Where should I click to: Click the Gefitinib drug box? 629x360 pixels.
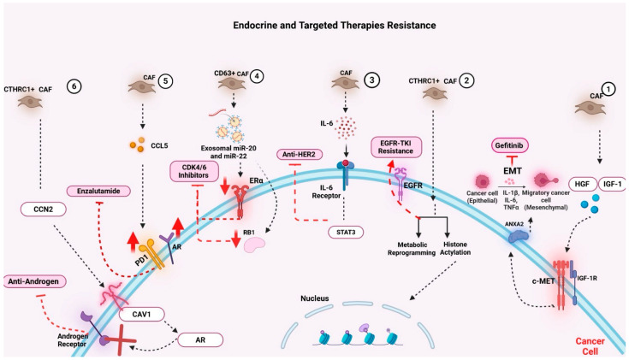(x=509, y=145)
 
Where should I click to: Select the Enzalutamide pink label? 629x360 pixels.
(x=98, y=192)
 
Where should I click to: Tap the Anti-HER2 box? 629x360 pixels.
(x=299, y=154)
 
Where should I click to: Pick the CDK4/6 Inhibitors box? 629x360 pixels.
(x=193, y=172)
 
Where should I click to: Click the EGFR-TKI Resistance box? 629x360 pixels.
(x=395, y=147)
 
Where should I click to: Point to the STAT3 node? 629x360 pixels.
(x=346, y=232)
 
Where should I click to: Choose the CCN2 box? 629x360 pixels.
(x=44, y=210)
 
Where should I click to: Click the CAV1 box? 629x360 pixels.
(x=141, y=315)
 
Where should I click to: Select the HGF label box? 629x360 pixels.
(x=582, y=185)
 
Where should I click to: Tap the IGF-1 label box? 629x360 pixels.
(x=612, y=185)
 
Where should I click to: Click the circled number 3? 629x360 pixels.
(x=371, y=80)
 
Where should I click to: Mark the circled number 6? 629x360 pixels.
(x=74, y=86)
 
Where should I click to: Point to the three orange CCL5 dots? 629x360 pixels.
(x=137, y=145)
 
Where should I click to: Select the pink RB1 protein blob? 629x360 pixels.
(x=255, y=245)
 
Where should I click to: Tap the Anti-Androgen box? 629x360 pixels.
(x=34, y=281)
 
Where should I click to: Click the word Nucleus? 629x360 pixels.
(x=315, y=298)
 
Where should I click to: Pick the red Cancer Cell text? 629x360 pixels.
(x=590, y=346)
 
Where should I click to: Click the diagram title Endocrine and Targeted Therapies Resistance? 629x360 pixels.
(x=335, y=26)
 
